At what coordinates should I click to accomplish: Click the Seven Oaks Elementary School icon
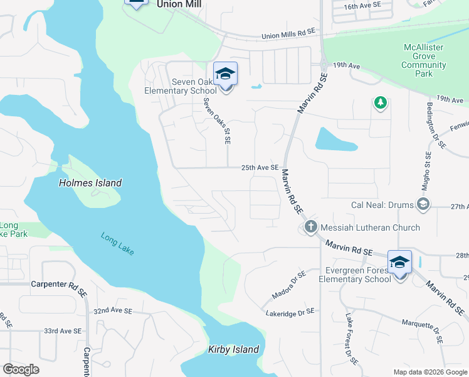pos(225,75)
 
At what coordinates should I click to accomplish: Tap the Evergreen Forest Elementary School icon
pos(399,262)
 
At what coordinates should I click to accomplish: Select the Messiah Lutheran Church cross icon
pos(310,227)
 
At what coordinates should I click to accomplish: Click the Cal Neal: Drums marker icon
pos(424,203)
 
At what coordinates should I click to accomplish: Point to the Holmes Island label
pos(90,183)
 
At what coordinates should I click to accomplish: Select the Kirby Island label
pos(233,349)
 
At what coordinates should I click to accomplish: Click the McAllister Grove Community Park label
pos(424,61)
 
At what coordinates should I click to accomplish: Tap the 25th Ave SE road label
pos(260,168)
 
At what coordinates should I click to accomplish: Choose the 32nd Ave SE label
pos(113,311)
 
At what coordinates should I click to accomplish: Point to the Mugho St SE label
pos(428,172)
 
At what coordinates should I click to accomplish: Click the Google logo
pos(21,369)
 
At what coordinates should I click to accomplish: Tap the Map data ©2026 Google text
pos(429,372)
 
